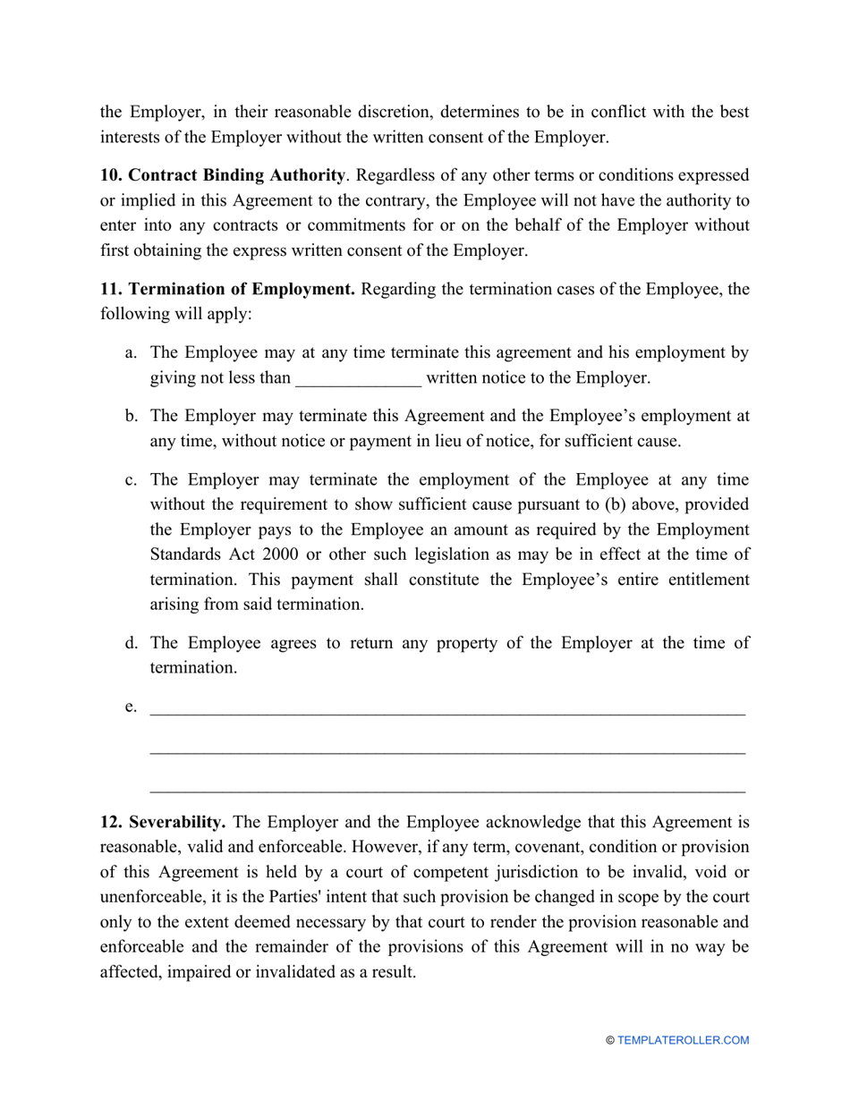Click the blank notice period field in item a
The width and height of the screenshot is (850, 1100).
click(x=358, y=379)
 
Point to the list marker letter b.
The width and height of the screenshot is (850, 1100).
click(x=131, y=416)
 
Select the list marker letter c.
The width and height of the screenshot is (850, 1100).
click(x=131, y=480)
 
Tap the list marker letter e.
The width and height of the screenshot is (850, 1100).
click(x=131, y=707)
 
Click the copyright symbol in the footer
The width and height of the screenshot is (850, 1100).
click(x=610, y=1040)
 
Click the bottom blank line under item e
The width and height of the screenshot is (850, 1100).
click(x=447, y=791)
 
